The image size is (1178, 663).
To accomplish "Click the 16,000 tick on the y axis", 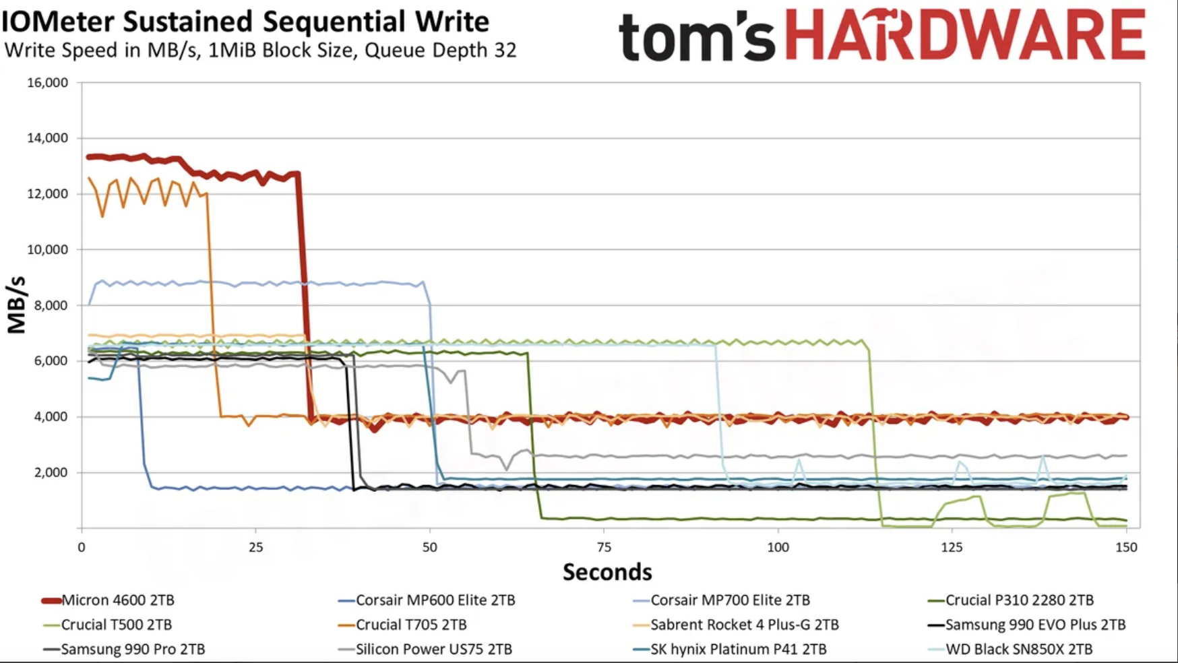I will tap(47, 83).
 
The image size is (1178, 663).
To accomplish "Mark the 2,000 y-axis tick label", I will tap(50, 472).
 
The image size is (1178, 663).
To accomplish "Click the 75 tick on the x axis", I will tap(604, 547).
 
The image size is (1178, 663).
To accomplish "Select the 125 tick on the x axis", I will tap(952, 547).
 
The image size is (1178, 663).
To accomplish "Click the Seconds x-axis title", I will tap(607, 572).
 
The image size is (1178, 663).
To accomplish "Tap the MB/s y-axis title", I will tap(16, 305).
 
